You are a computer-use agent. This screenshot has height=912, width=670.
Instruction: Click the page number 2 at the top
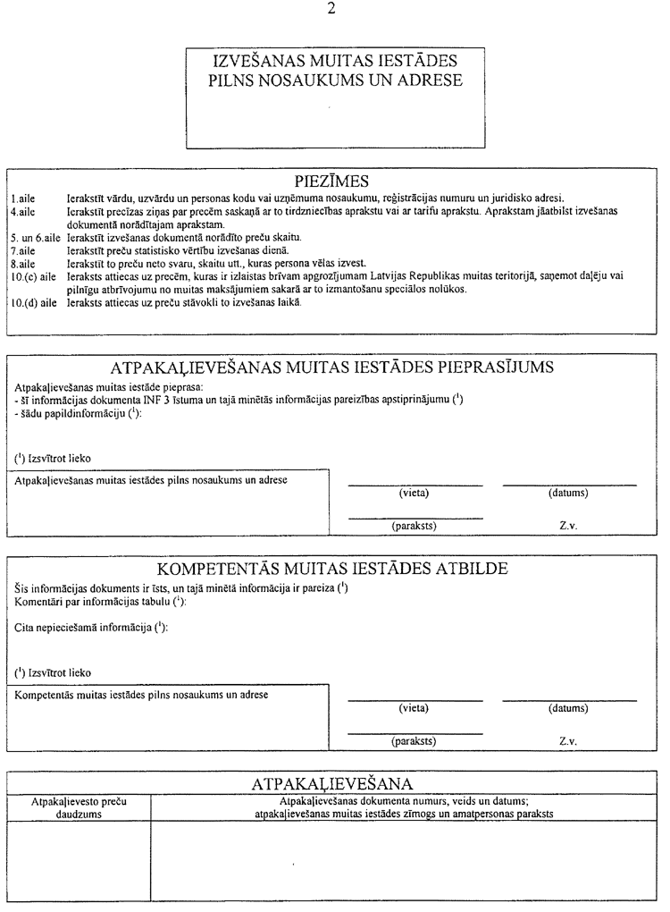332,10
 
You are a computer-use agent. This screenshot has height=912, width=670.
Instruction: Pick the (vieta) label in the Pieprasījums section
414,494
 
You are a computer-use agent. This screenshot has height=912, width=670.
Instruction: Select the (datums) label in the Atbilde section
568,708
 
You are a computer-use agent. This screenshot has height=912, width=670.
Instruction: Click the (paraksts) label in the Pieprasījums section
414,526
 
